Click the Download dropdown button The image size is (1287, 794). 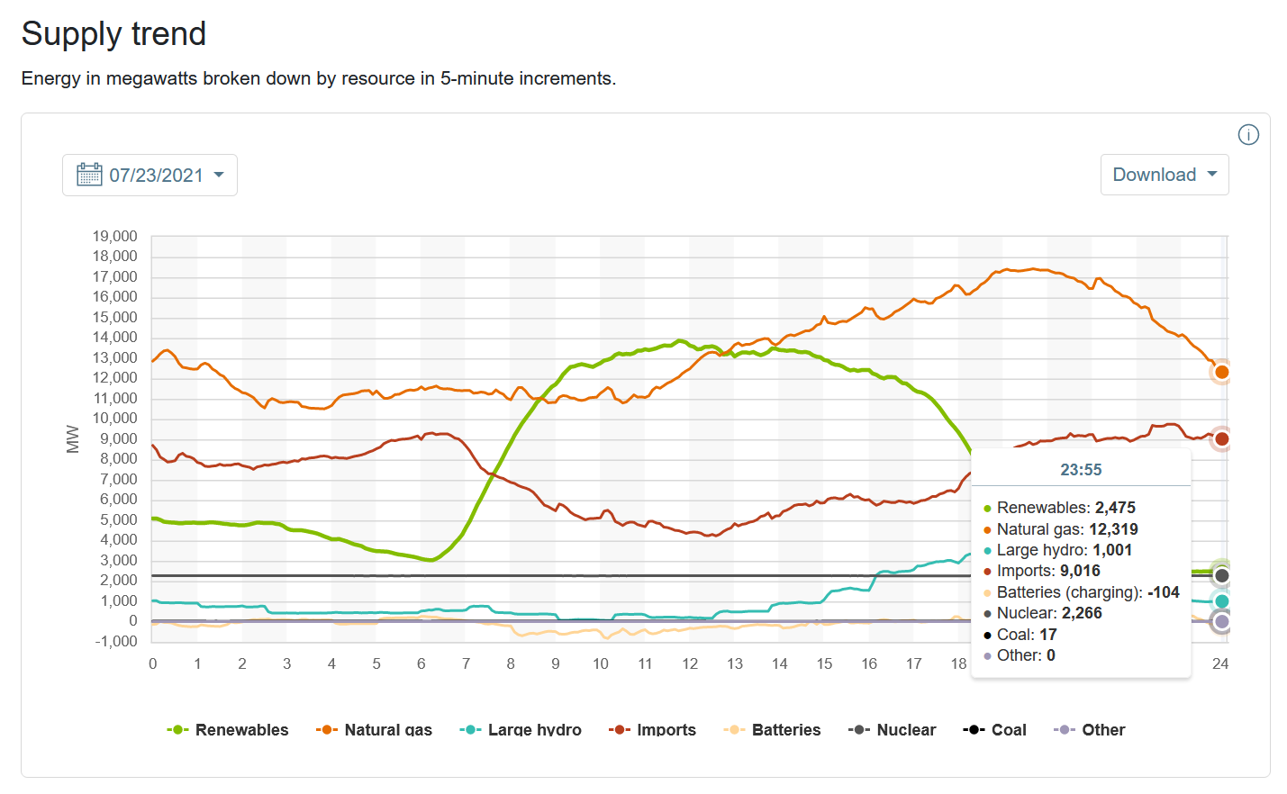coord(1164,175)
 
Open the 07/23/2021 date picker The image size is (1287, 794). coord(150,175)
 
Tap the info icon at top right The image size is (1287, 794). coord(1248,135)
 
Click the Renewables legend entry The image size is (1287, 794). coord(228,730)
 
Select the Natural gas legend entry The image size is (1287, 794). coord(375,730)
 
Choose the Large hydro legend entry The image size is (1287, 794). coord(521,730)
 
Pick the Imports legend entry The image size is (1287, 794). coord(652,730)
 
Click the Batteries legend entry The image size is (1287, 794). coord(772,730)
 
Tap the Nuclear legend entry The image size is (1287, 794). coord(892,730)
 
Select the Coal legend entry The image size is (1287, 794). coord(995,730)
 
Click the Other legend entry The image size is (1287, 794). coord(1090,730)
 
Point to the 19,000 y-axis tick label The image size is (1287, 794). coord(115,237)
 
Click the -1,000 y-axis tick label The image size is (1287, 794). coord(115,641)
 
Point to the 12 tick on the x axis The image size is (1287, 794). coord(690,663)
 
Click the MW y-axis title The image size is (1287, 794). coord(73,439)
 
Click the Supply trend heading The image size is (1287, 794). coord(114,34)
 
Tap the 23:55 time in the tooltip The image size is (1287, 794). coord(1081,470)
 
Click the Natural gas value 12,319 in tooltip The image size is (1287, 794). coord(1113,529)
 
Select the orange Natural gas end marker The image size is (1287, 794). coord(1222,372)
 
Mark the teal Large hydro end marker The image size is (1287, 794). coord(1222,601)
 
